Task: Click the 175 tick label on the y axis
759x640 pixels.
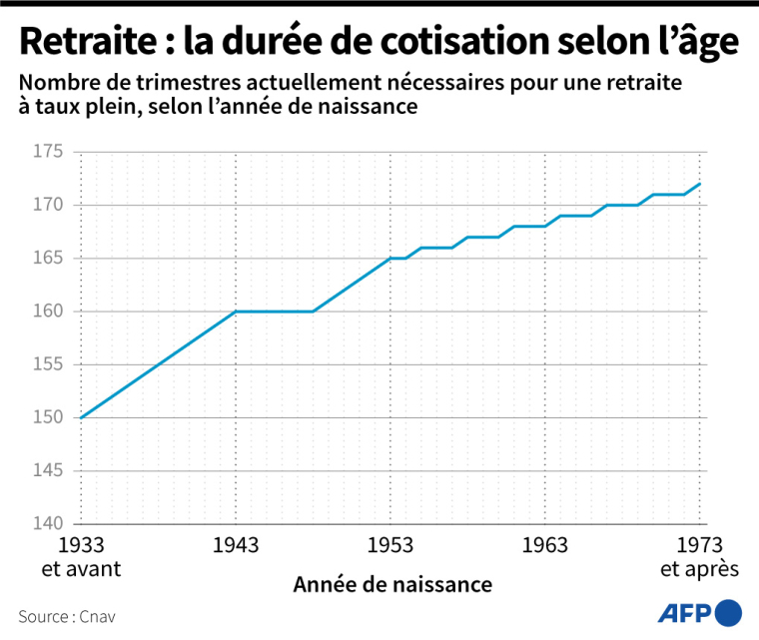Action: tap(48, 153)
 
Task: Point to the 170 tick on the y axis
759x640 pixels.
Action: tap(48, 206)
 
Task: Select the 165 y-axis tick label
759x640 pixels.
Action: tap(48, 259)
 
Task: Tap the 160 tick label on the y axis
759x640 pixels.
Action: tap(48, 312)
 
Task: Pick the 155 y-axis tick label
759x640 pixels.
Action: tap(48, 364)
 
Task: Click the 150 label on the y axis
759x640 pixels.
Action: tap(48, 417)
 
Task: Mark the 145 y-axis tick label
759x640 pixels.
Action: tap(48, 470)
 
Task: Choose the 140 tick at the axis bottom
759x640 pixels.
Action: tap(48, 523)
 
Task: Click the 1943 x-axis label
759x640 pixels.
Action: tap(236, 545)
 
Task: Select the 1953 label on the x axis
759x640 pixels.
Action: tap(390, 545)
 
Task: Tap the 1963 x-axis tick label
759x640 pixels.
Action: tap(545, 545)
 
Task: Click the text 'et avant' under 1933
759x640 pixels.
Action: tap(80, 569)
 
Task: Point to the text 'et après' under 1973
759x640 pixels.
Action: tap(699, 569)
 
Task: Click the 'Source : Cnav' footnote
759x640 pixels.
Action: tap(66, 616)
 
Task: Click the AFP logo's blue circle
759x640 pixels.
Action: tap(730, 612)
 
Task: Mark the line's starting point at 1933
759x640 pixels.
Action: tap(80, 417)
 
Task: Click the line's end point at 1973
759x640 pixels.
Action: tap(700, 184)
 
